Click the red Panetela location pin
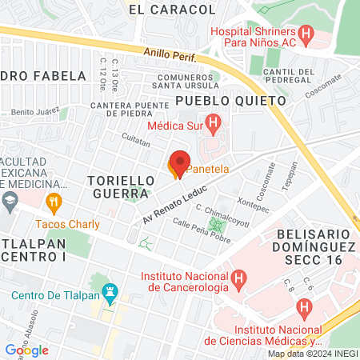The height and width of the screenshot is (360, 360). click(x=179, y=163)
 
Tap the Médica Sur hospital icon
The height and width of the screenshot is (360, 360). click(x=213, y=125)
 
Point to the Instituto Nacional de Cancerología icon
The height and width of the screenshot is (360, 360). click(x=238, y=281)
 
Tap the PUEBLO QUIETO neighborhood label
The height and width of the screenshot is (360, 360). click(x=230, y=101)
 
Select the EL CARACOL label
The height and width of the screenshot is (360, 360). click(x=171, y=10)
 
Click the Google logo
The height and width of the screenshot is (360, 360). click(x=27, y=350)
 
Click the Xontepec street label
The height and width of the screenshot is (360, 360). click(x=253, y=206)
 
